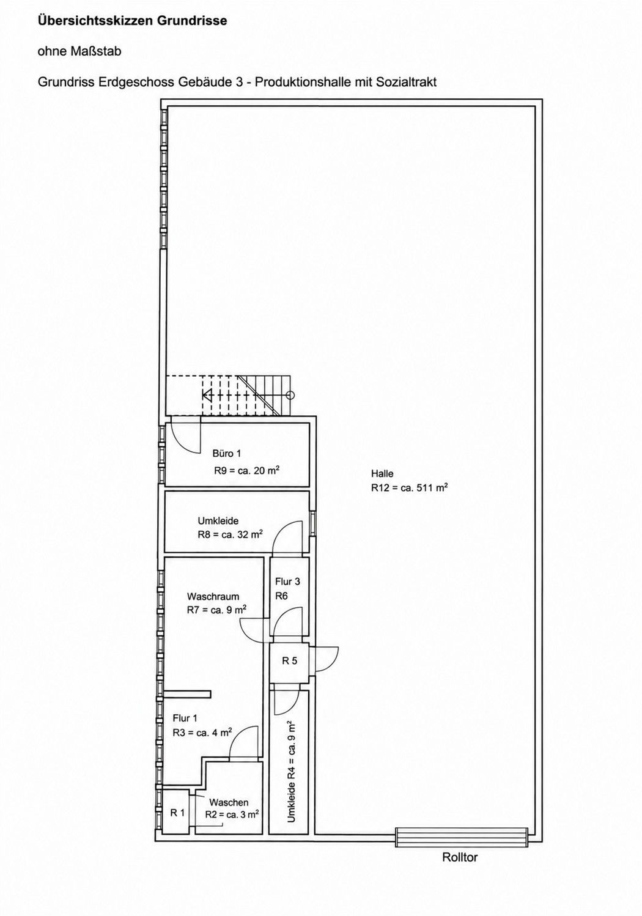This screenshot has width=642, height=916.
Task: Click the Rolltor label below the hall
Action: (460, 857)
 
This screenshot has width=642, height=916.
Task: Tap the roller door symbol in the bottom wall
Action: (462, 838)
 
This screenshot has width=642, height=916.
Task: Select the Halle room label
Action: (382, 473)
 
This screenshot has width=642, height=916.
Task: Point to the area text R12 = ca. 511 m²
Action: (409, 487)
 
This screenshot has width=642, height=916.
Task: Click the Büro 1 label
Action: (227, 453)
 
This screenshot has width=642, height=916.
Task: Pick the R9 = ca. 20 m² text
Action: (246, 470)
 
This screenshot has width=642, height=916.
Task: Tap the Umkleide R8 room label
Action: (218, 520)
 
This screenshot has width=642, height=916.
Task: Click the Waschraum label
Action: (213, 596)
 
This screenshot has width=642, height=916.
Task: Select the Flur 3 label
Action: (287, 581)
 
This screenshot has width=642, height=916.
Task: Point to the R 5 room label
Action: (290, 660)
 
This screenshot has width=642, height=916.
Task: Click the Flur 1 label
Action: (185, 718)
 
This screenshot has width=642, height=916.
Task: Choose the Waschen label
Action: (229, 802)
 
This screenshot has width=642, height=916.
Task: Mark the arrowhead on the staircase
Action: (207, 395)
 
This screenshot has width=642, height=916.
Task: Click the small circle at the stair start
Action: (290, 395)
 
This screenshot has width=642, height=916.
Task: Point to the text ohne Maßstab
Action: (79, 51)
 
